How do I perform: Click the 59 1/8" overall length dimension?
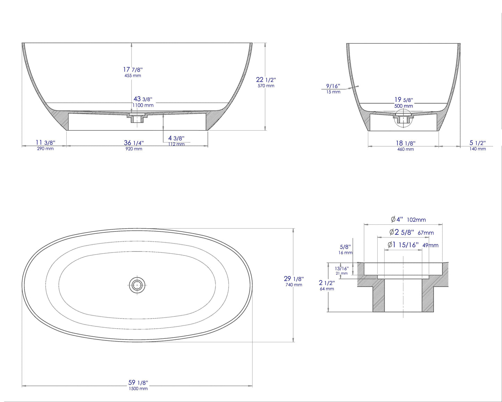tap(138, 383)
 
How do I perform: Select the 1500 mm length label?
tap(138, 389)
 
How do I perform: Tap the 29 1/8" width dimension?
tap(294, 279)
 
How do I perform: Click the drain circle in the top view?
tap(137, 285)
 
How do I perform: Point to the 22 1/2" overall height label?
tap(266, 80)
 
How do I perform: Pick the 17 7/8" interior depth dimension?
tap(133, 69)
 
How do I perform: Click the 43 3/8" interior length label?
tap(143, 99)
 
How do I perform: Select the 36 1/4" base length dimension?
tap(134, 143)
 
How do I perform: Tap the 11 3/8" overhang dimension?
tap(45, 143)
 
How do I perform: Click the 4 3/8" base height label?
tap(176, 139)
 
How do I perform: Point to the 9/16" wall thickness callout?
tap(333, 86)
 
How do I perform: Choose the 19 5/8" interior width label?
tap(403, 100)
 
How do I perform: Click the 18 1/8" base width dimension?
tap(405, 143)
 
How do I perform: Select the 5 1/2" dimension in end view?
tap(477, 143)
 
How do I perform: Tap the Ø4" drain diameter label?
tap(397, 219)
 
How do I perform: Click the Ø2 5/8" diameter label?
tap(402, 232)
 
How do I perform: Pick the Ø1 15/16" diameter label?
tap(403, 245)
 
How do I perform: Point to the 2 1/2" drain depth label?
tap(327, 283)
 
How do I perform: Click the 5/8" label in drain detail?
tap(345, 247)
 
